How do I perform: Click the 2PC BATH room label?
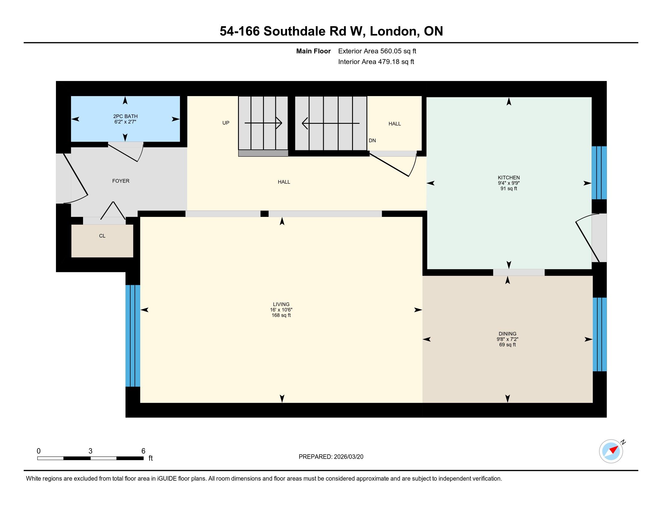(125, 116)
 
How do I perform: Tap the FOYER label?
(121, 181)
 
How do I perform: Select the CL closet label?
(102, 236)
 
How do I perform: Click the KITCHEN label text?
(509, 178)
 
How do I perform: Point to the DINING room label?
(507, 334)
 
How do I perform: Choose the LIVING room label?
(281, 304)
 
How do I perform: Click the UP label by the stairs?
(226, 123)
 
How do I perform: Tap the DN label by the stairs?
(372, 140)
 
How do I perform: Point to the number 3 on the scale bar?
(90, 451)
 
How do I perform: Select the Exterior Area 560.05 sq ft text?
(377, 51)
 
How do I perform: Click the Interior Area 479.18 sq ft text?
(376, 61)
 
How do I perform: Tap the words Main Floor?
(314, 51)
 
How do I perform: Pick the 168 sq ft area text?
(281, 315)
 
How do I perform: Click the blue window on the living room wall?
(133, 336)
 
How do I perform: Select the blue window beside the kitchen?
(599, 173)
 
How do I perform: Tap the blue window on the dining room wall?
(599, 334)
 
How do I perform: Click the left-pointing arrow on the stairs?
(331, 123)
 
